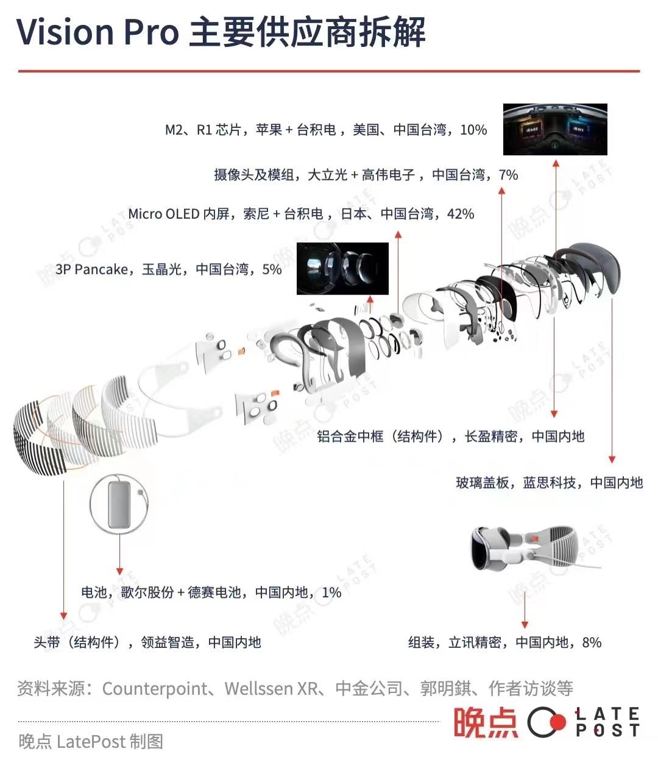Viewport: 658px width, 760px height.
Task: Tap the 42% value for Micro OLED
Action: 461,214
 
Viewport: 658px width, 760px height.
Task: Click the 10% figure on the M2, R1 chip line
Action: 473,130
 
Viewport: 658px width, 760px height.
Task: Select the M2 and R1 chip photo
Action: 555,129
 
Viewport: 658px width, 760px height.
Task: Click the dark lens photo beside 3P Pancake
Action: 342,269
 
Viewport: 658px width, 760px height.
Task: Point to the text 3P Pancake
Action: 92,269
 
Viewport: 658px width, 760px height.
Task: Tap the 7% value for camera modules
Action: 508,175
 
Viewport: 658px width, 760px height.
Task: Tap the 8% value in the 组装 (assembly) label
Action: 592,642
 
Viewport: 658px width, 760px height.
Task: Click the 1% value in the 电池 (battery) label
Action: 331,593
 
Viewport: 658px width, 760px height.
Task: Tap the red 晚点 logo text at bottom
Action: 486,722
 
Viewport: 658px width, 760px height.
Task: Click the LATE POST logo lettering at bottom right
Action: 607,722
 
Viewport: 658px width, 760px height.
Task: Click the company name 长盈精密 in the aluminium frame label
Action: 491,436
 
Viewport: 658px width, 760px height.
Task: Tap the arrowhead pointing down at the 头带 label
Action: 63,616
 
